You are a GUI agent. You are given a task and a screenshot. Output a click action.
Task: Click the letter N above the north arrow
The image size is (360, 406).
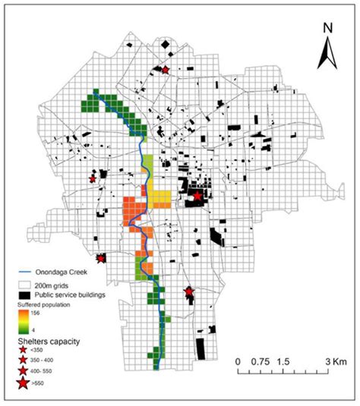click(x=327, y=29)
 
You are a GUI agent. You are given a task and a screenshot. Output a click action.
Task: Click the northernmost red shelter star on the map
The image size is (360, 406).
click(x=165, y=69)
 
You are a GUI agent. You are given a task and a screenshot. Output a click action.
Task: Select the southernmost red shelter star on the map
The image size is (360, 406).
click(x=189, y=291)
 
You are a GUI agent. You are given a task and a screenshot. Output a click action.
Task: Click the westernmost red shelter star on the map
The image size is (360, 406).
click(x=93, y=180)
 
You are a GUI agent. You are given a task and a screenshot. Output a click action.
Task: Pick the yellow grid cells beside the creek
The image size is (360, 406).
click(x=160, y=199)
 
